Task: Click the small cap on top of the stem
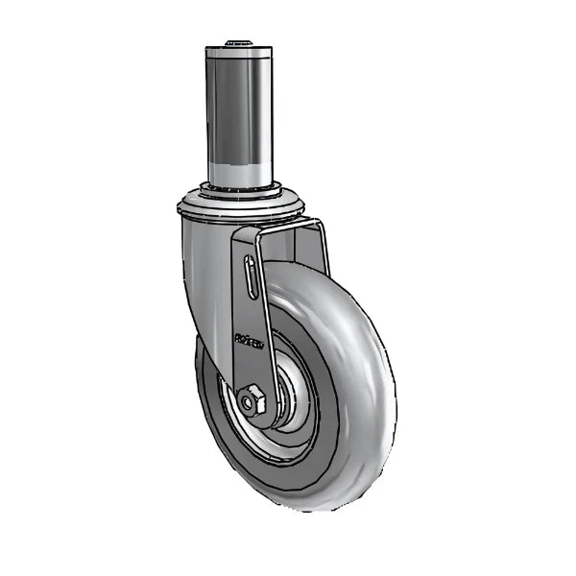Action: (x=236, y=43)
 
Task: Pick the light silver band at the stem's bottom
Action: (x=238, y=173)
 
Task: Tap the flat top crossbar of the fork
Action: (x=278, y=228)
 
